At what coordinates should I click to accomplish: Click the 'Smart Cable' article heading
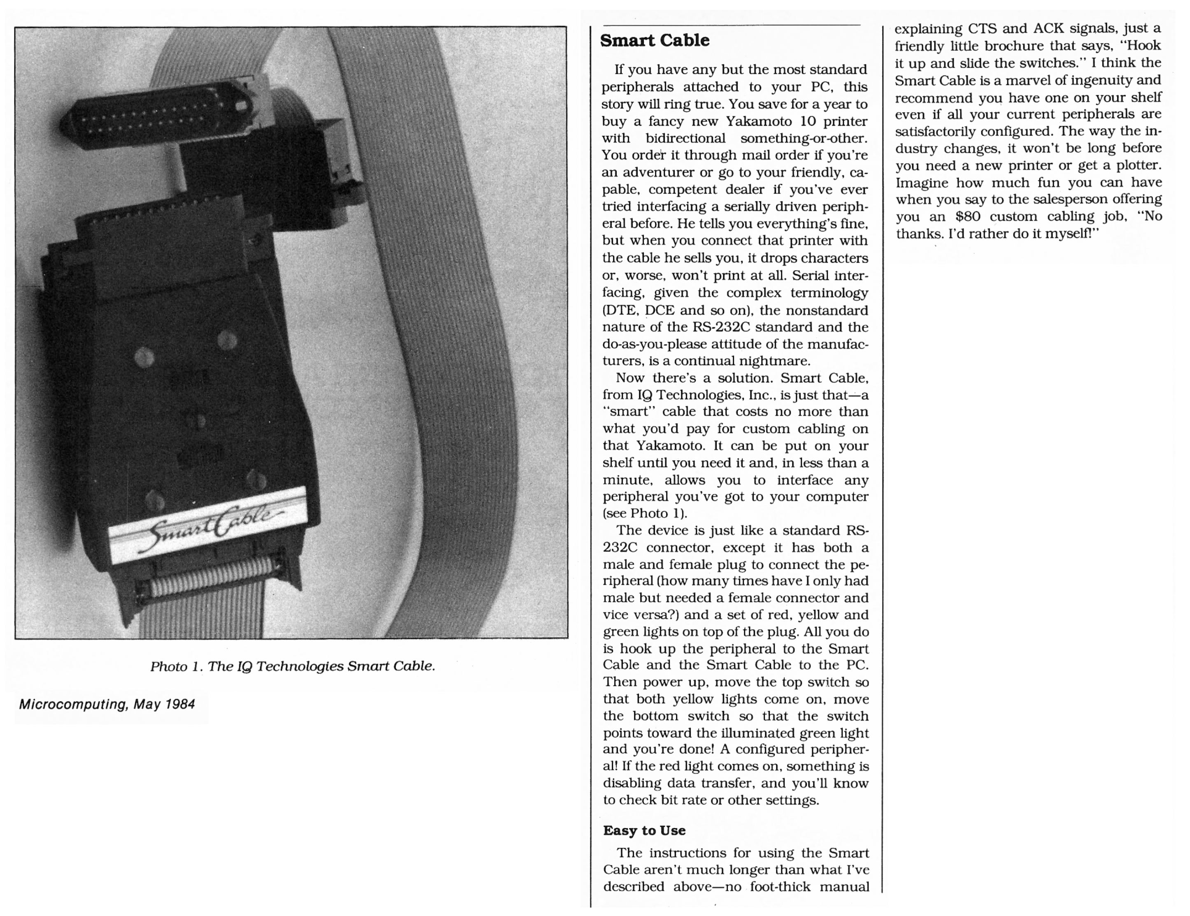click(654, 40)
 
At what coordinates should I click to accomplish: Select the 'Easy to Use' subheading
click(644, 830)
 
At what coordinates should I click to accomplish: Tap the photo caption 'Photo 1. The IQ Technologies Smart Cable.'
click(293, 666)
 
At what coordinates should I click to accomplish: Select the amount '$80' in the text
click(968, 216)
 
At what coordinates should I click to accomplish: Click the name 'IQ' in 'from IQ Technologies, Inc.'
click(644, 394)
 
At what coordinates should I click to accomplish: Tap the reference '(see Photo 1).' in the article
click(645, 513)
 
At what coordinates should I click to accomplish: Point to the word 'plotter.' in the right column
click(1139, 165)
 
